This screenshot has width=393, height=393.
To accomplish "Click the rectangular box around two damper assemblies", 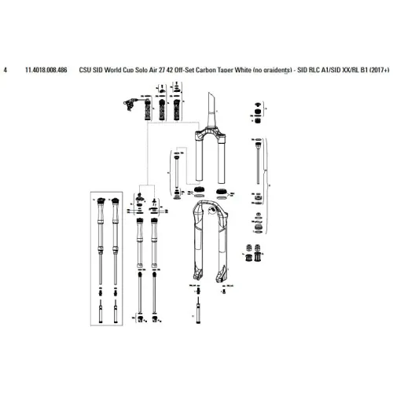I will click(x=109, y=259).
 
